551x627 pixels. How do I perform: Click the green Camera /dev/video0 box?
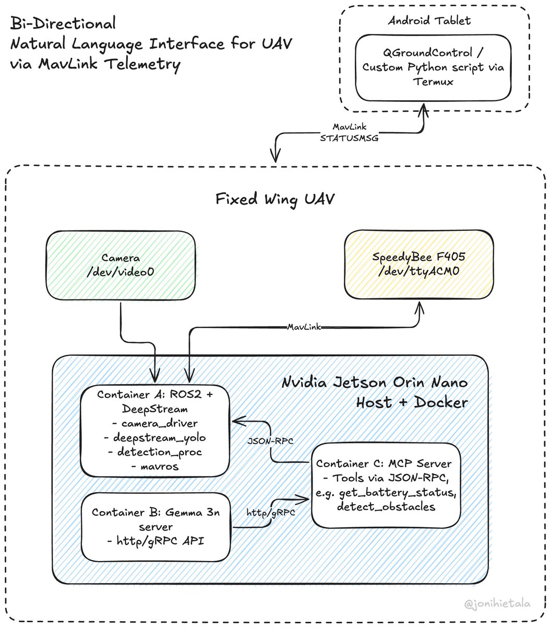(121, 265)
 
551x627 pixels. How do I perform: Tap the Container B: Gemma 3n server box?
(155, 526)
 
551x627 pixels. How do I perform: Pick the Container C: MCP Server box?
(386, 484)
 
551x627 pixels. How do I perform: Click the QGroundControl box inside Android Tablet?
(433, 67)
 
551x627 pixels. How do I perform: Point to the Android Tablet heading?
(429, 21)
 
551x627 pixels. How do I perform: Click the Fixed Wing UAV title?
(275, 199)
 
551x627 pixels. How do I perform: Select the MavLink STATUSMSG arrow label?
(349, 133)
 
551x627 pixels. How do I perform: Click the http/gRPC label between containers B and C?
(271, 513)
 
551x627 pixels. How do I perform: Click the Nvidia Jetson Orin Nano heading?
(375, 382)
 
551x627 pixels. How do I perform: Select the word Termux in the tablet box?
(433, 81)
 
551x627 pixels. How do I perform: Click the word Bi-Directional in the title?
(63, 24)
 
